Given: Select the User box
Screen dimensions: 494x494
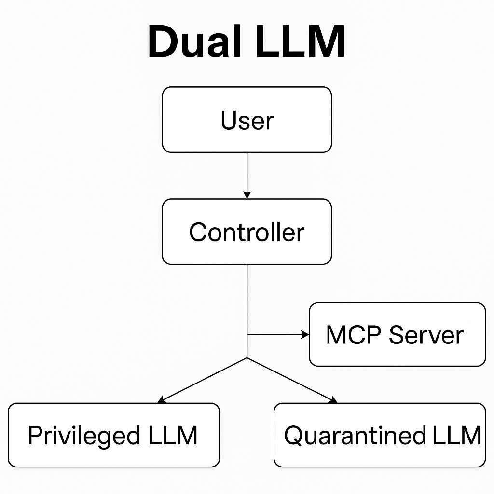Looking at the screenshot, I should click(247, 120).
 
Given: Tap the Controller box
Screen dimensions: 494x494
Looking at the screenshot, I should click(247, 232).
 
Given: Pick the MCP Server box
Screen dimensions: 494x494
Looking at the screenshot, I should click(397, 335).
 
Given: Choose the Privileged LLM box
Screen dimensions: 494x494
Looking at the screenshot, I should click(114, 436).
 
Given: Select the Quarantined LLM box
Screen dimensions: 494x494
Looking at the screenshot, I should click(380, 436).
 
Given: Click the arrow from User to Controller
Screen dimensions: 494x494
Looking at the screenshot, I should click(247, 174).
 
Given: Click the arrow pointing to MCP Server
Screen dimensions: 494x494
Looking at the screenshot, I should click(277, 334).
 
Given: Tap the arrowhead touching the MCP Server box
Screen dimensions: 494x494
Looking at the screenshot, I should click(305, 334).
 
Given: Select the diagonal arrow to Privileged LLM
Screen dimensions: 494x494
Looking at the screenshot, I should click(203, 380).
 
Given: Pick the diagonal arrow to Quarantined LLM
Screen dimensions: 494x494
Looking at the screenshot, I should click(292, 380).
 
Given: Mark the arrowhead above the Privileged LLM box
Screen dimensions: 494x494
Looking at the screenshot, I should click(161, 400).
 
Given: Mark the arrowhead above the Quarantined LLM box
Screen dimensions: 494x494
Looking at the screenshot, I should click(333, 400).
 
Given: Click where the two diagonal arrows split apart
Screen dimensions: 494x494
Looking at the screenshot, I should click(247, 358).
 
